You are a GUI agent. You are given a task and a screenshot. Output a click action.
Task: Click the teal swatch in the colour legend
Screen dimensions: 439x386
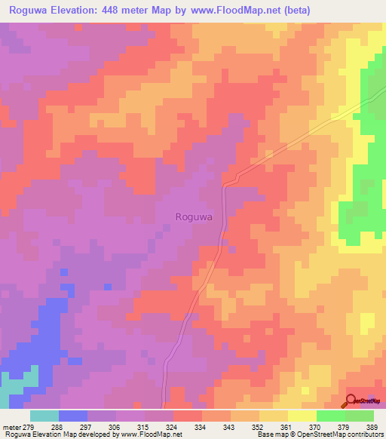[44, 416]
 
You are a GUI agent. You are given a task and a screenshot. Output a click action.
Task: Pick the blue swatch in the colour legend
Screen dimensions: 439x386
[73, 416]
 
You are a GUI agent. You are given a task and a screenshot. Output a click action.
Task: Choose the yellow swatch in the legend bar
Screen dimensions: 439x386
[302, 416]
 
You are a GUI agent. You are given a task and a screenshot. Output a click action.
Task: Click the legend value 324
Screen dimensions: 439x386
[173, 426]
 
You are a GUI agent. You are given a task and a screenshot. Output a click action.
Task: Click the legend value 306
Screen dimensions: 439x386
[116, 426]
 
